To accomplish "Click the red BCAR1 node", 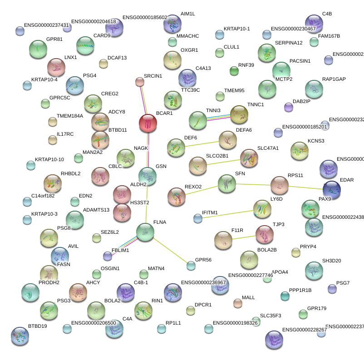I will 148,123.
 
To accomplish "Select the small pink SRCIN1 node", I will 140,82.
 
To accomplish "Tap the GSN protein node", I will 147,176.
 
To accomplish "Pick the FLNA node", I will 145,232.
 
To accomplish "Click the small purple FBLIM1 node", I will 108,256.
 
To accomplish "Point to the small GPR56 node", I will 191,266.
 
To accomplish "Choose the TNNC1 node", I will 239,114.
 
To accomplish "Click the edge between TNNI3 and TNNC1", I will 218,117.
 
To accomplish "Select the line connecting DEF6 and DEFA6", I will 202,143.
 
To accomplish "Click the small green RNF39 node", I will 234,71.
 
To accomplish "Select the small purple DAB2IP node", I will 288,107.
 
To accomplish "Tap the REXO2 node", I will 176,197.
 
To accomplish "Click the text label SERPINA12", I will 289,43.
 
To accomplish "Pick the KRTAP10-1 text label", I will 237,29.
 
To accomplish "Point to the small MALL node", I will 237,303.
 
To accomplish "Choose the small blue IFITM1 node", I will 198,218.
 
